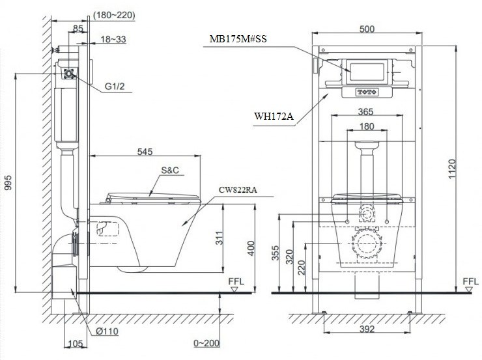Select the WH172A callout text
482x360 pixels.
[274, 117]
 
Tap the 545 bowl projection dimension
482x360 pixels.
[145, 152]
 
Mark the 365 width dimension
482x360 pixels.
[366, 111]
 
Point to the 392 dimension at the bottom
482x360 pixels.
[367, 329]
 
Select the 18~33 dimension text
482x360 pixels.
[114, 40]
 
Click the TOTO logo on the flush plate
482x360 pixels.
[366, 92]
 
